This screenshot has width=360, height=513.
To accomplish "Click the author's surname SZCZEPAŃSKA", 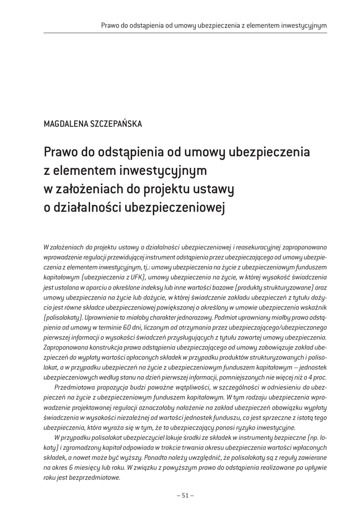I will point(113,124).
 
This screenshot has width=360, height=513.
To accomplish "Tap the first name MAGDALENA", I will point(64,124).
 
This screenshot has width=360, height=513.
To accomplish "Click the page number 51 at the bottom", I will point(185,495).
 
